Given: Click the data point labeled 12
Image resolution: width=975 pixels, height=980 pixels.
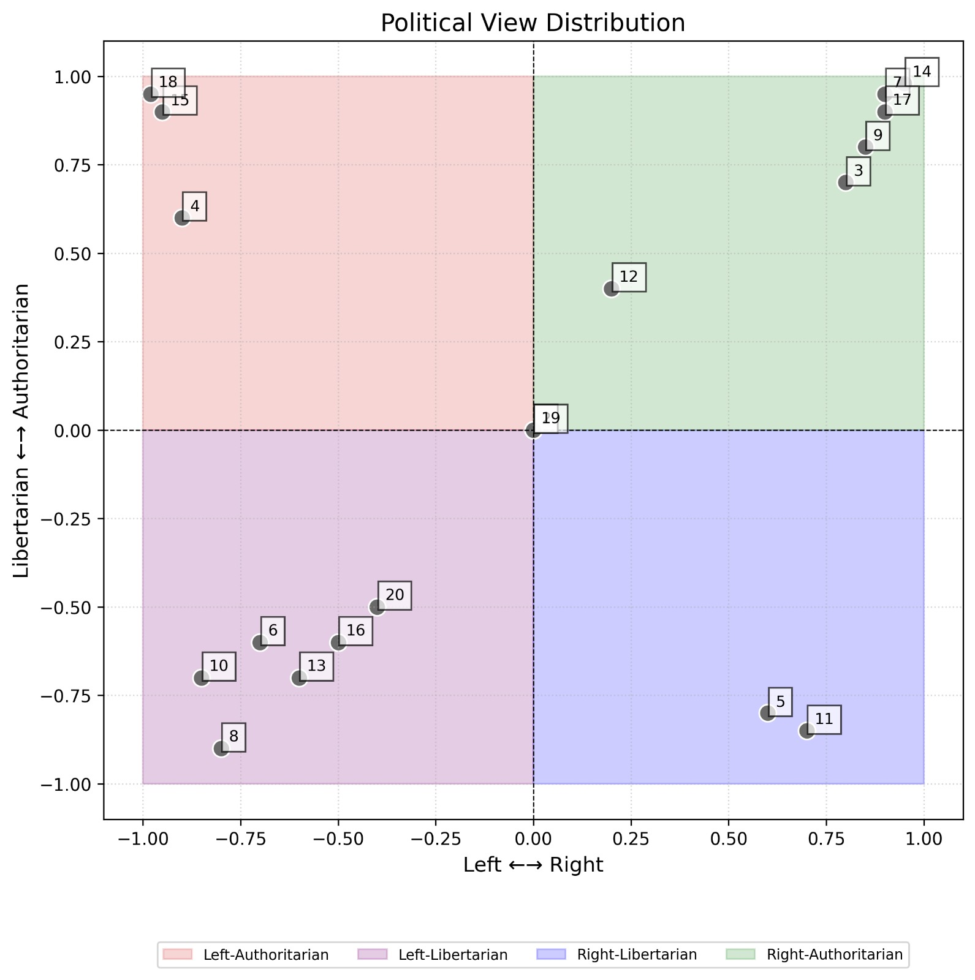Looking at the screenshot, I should (x=611, y=288).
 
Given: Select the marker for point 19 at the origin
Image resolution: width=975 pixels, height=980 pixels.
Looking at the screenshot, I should (x=533, y=431).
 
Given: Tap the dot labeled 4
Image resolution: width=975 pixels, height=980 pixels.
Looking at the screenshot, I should (x=182, y=218).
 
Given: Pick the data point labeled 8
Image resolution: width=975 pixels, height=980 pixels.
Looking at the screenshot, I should (x=221, y=748).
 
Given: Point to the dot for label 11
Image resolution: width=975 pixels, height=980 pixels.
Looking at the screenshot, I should (x=806, y=731).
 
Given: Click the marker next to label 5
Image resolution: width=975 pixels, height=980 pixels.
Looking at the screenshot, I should (x=767, y=713).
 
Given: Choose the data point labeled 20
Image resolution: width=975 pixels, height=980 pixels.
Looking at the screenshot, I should (x=377, y=607).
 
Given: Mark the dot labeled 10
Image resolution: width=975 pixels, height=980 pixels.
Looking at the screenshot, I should (x=202, y=678).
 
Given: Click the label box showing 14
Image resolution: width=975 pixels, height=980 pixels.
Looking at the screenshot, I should (x=922, y=72).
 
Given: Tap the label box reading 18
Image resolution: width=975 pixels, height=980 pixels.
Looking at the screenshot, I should (x=168, y=82).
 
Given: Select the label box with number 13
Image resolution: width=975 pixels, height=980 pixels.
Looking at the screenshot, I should (x=316, y=666).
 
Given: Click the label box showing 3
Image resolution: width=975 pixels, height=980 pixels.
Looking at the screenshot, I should (x=858, y=171).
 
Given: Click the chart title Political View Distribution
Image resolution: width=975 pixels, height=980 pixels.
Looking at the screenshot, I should (x=533, y=23).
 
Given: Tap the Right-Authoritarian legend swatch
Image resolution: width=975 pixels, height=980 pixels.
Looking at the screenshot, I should (x=742, y=954).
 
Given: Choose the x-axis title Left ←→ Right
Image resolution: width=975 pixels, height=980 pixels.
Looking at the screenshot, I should (x=533, y=865).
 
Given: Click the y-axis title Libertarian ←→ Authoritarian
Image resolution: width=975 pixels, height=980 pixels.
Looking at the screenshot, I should (x=22, y=430).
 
